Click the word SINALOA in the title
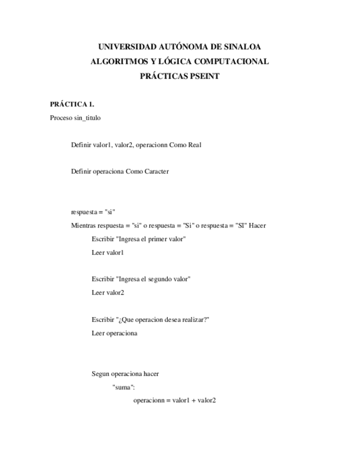(x=240, y=47)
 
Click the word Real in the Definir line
(x=194, y=145)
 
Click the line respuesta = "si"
(x=93, y=212)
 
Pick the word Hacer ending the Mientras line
(x=257, y=225)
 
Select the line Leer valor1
(x=108, y=252)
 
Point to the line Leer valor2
(x=108, y=292)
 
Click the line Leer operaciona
(x=114, y=333)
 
